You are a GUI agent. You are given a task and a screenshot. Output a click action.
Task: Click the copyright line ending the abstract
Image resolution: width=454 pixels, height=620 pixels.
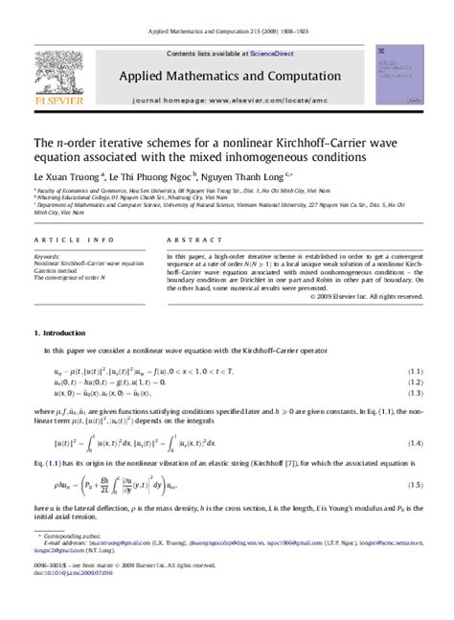tap(368, 297)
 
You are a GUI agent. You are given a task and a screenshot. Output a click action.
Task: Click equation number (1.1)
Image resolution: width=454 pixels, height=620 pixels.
tap(415, 371)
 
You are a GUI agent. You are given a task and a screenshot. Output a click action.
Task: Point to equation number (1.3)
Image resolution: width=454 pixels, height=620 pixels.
tap(415, 392)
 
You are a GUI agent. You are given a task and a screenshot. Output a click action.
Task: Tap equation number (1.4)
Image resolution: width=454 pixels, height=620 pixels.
tap(415, 443)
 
